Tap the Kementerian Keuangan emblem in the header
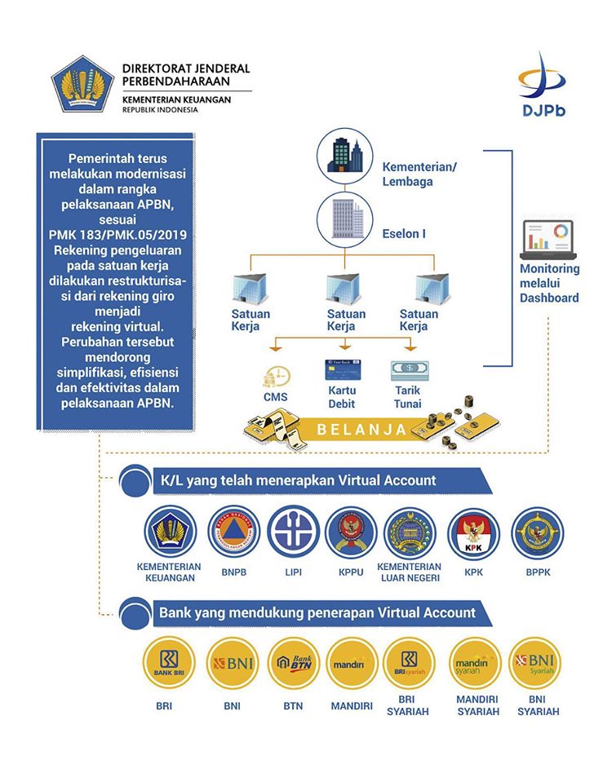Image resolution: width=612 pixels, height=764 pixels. pos(82,85)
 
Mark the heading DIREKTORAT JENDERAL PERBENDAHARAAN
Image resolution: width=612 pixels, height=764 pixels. pos(185,74)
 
